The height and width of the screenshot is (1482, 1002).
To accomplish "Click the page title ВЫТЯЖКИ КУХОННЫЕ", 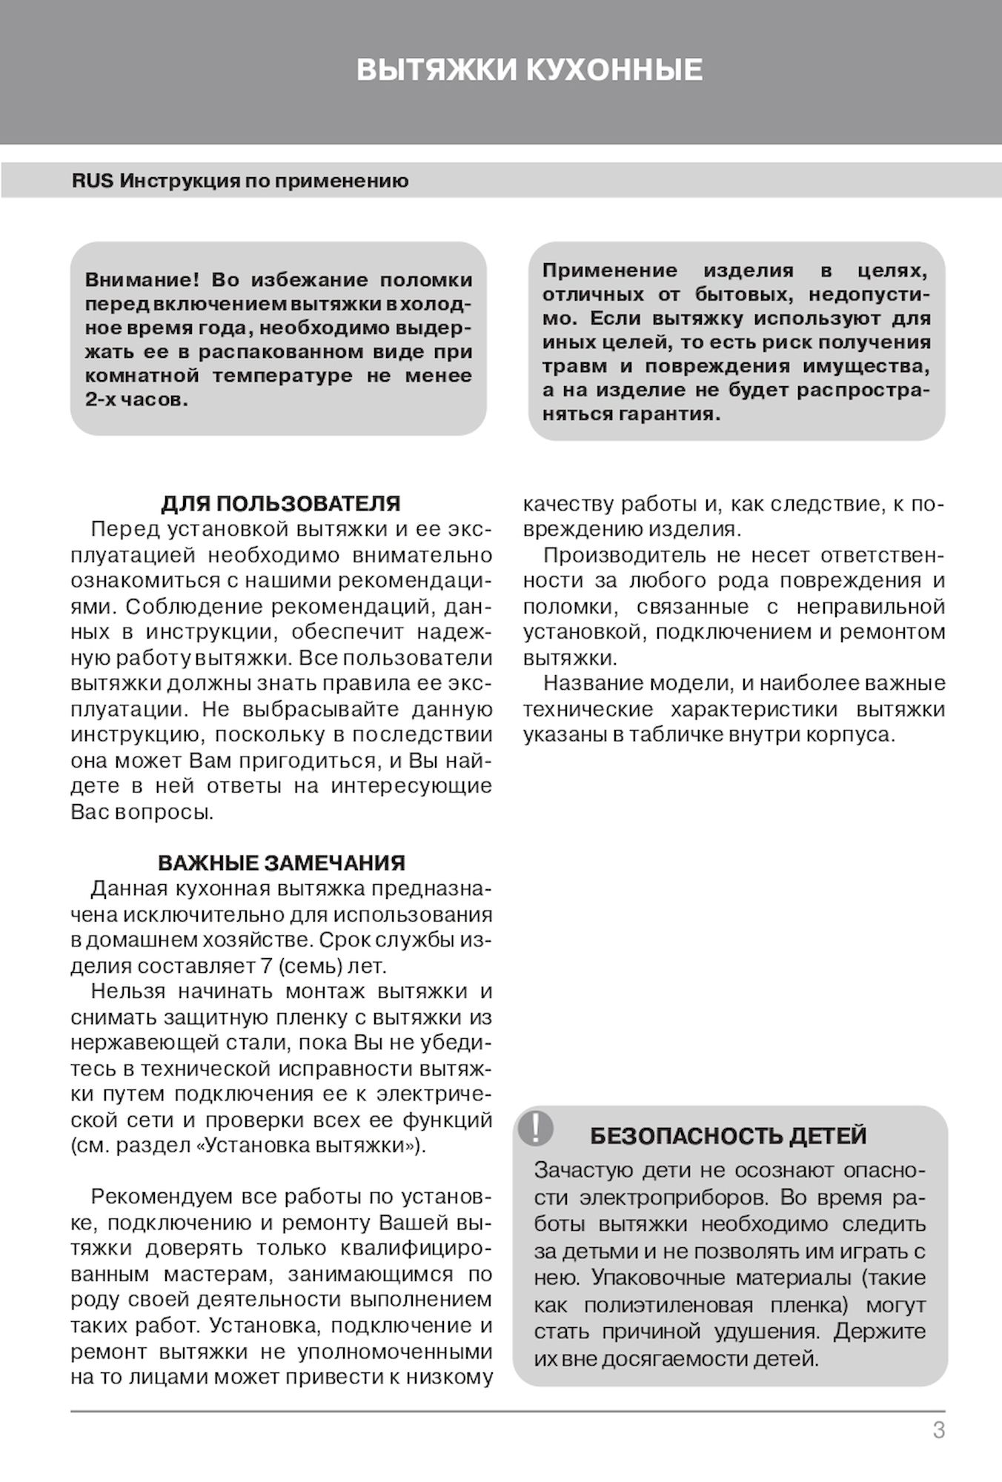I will tap(529, 70).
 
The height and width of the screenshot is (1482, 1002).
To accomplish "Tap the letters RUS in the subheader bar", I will tap(93, 182).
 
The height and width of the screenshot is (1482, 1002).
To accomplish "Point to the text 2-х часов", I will tap(136, 400).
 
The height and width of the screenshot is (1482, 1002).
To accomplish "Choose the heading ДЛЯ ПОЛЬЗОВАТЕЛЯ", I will tap(281, 504).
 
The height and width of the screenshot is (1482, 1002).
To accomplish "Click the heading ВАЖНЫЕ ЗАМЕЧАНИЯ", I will tap(282, 863).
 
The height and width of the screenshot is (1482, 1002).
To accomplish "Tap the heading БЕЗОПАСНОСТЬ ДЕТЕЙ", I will tap(728, 1136).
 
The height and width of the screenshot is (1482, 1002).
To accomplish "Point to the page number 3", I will tap(938, 1430).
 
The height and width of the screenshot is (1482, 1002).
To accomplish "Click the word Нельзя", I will tap(128, 991).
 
